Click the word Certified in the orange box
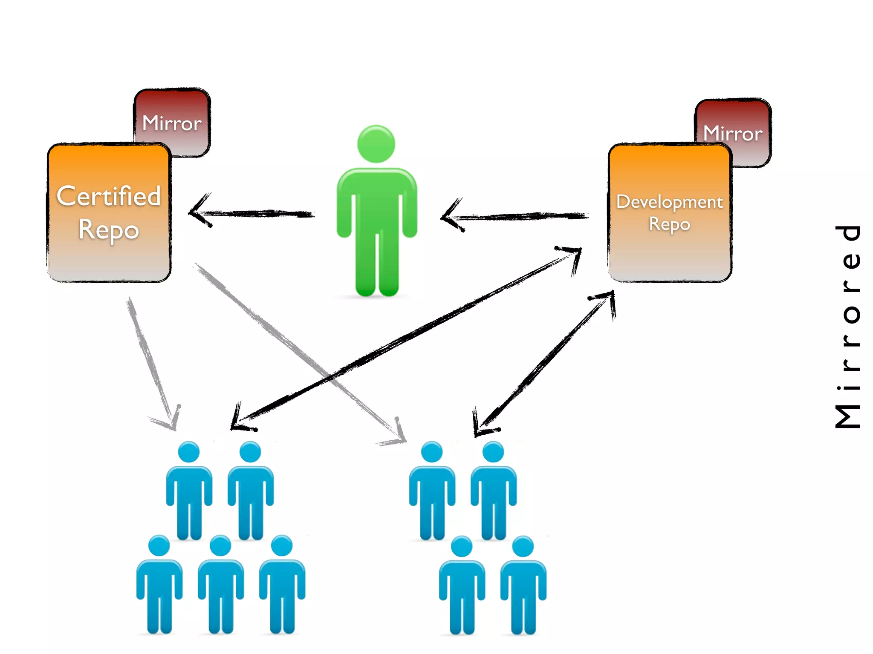point(109,196)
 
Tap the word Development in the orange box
point(669,201)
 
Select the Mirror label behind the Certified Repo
point(171,123)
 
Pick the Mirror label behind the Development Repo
point(732,133)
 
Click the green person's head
point(376,144)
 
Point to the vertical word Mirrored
point(848,326)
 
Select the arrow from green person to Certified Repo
point(256,213)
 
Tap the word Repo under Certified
point(109,229)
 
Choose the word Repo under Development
point(669,224)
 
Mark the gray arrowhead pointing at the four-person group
point(396,434)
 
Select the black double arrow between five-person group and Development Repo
point(405,336)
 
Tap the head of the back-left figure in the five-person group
point(189,452)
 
